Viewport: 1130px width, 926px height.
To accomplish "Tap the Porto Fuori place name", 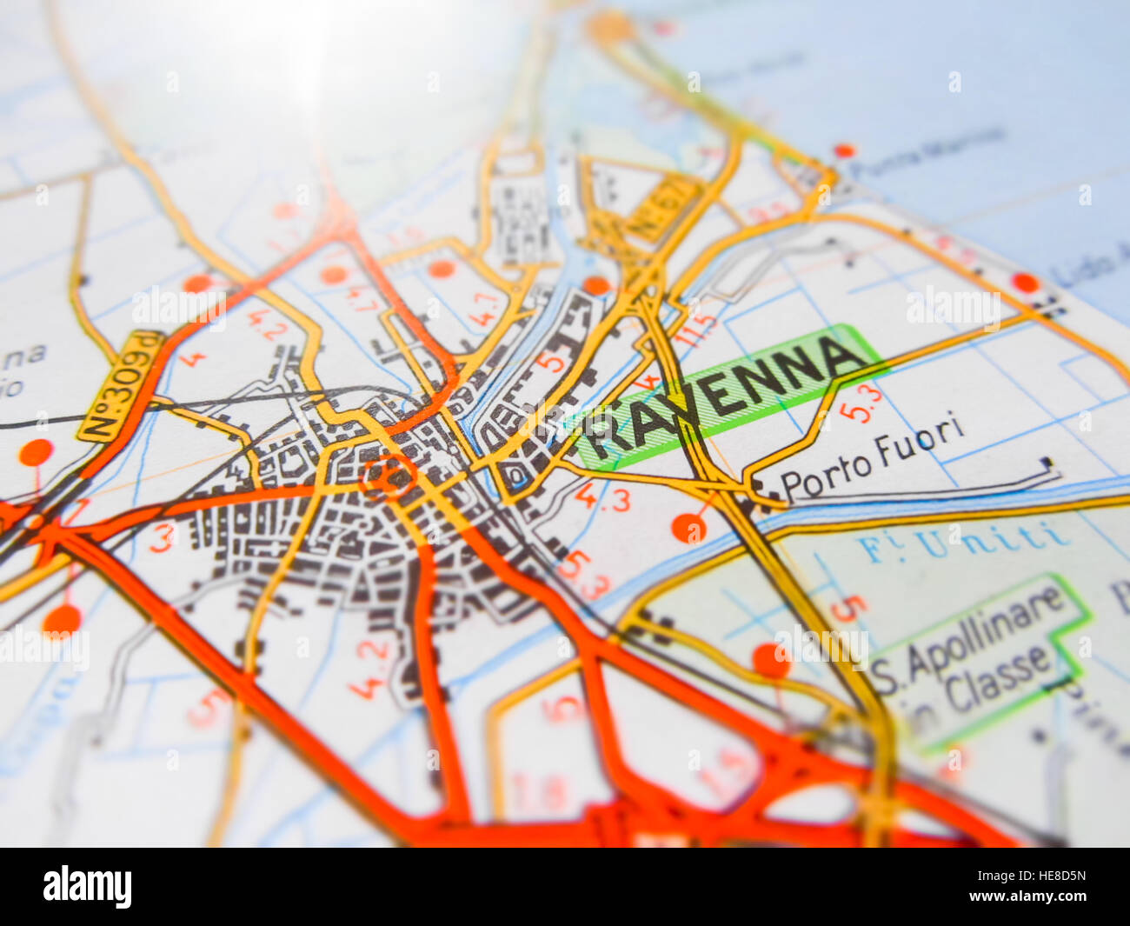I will (872, 459).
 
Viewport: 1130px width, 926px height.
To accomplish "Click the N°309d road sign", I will (122, 386).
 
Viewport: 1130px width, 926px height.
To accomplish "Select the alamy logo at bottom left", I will (88, 887).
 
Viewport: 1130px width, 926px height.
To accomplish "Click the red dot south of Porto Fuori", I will (689, 527).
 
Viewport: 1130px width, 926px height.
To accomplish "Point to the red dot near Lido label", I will (1026, 283).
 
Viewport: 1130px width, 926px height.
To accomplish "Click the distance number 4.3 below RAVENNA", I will (602, 497).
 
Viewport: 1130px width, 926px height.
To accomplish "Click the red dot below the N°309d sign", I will (37, 452).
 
